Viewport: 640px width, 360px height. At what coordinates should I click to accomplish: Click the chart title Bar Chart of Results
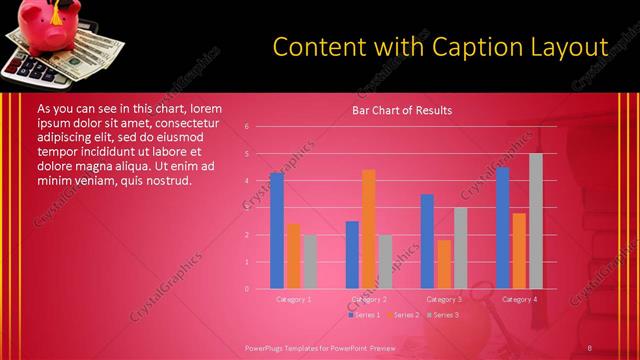click(401, 110)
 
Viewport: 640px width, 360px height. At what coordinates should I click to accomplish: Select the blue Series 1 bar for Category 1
click(276, 231)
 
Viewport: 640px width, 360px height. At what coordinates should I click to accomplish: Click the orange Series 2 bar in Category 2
click(368, 229)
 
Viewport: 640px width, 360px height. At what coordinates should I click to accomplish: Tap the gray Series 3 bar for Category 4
click(536, 221)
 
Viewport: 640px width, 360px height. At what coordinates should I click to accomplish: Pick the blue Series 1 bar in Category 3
click(427, 241)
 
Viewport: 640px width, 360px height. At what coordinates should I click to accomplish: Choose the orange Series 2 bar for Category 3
click(444, 264)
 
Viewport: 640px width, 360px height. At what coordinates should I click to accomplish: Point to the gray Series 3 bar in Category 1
click(310, 262)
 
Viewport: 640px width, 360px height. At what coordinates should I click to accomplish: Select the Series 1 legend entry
click(364, 315)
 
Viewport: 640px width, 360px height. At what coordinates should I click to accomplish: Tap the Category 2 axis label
click(369, 299)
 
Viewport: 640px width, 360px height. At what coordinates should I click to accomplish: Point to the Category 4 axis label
click(519, 299)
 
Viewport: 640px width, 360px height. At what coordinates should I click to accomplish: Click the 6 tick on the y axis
click(247, 127)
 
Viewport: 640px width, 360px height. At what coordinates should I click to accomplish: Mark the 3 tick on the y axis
click(247, 208)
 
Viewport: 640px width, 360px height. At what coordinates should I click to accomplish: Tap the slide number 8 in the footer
click(590, 347)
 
